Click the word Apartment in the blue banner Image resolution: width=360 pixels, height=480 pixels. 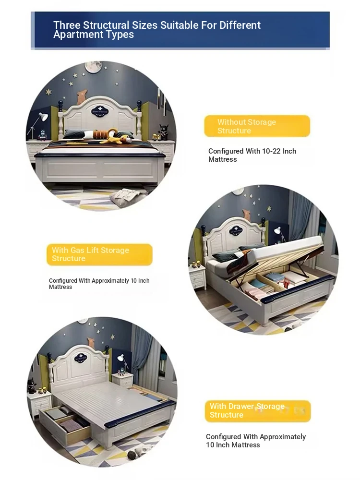click(x=73, y=35)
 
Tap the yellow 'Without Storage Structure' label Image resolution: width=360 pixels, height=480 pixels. click(x=257, y=126)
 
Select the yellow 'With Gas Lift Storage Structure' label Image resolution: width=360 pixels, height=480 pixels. click(x=99, y=254)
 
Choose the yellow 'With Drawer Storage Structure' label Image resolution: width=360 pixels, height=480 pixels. click(x=258, y=411)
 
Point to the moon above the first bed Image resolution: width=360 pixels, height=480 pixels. click(x=94, y=66)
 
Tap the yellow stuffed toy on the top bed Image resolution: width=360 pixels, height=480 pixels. click(x=113, y=137)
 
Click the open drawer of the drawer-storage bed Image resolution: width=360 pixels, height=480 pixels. click(x=65, y=423)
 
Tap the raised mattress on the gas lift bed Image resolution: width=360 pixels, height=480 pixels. click(x=285, y=248)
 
